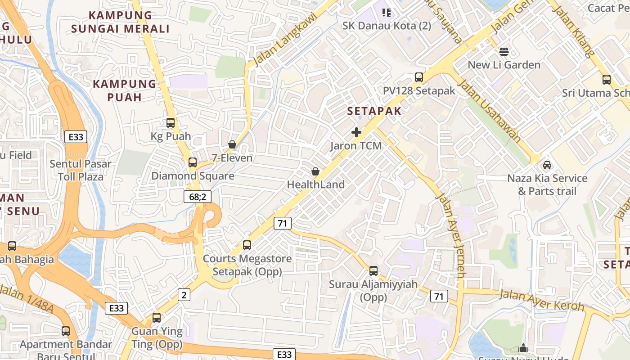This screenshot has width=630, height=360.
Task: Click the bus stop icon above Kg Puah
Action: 171,122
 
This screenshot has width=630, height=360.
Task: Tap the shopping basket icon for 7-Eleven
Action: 232,144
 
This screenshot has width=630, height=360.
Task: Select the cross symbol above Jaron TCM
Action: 356,132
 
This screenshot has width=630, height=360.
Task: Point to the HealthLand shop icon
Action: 315,171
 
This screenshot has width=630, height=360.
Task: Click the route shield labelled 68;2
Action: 198,197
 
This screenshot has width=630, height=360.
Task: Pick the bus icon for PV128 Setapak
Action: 419,77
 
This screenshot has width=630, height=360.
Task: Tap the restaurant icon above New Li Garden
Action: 504,51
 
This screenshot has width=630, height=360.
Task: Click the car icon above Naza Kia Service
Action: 547,165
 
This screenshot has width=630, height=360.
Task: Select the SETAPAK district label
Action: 374,111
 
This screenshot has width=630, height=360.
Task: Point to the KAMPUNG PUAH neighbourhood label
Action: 125,90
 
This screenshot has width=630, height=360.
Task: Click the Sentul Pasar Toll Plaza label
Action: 81,170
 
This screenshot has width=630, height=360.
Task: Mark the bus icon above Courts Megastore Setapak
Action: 247,245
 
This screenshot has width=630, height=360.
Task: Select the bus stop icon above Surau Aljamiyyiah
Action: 373,271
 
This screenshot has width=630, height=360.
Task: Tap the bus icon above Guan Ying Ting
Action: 157,318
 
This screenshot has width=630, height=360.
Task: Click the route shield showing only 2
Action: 184,295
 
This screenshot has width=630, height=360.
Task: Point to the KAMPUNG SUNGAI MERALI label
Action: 121,22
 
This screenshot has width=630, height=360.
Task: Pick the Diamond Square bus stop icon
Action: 193,162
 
